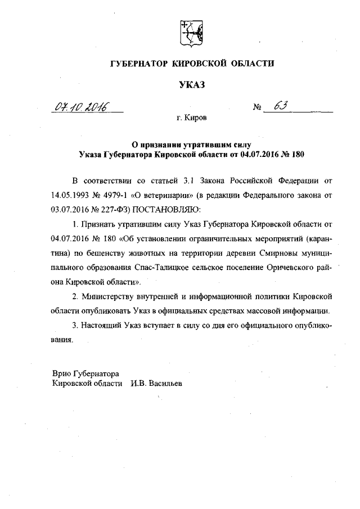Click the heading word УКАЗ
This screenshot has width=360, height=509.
[x=189, y=85]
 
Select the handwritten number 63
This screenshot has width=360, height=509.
[x=280, y=106]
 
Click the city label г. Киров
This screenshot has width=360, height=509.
[x=191, y=119]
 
